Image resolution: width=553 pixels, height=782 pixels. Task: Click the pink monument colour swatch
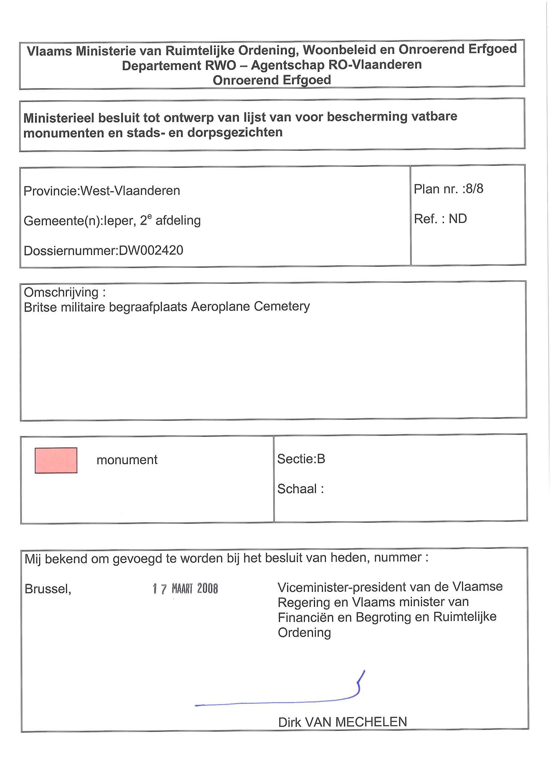(x=56, y=460)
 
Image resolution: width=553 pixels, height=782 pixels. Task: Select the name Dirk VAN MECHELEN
(x=342, y=722)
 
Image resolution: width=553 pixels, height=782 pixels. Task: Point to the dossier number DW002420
(x=151, y=250)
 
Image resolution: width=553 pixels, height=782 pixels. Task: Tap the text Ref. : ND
(x=440, y=219)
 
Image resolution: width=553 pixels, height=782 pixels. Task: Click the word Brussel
(x=48, y=589)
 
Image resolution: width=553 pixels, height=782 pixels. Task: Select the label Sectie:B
(x=301, y=459)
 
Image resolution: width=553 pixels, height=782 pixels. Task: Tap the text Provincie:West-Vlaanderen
(x=102, y=191)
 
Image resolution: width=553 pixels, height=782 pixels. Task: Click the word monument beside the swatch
(x=127, y=460)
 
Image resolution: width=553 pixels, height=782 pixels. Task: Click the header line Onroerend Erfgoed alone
(x=272, y=80)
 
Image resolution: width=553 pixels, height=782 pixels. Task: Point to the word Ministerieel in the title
(x=59, y=118)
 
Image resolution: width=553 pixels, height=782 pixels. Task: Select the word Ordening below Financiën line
(x=304, y=633)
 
